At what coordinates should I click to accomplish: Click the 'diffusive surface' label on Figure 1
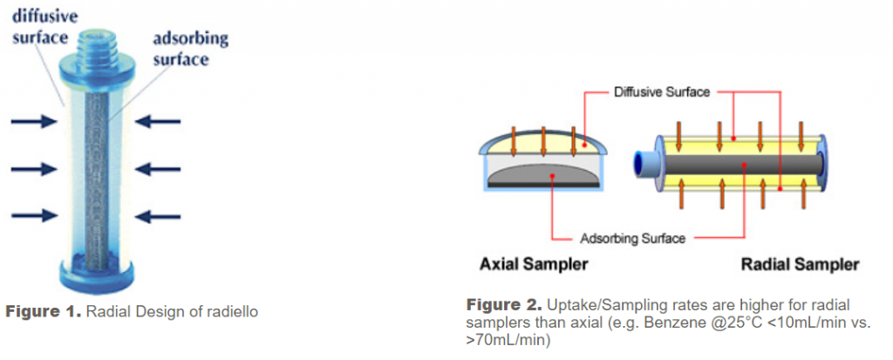[44, 26]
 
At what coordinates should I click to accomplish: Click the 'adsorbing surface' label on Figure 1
[190, 49]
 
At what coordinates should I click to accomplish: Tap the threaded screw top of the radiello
[97, 44]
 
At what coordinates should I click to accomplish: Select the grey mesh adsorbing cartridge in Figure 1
[97, 180]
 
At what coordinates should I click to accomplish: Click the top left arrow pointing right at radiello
[34, 121]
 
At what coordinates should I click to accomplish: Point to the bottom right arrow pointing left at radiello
[158, 216]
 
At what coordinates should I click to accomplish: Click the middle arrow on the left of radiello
[34, 169]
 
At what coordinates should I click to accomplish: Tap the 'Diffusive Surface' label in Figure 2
[662, 92]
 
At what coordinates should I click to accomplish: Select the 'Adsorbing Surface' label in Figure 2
[632, 238]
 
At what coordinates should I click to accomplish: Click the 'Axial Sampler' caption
[534, 265]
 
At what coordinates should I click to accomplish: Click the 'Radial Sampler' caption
[801, 265]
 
